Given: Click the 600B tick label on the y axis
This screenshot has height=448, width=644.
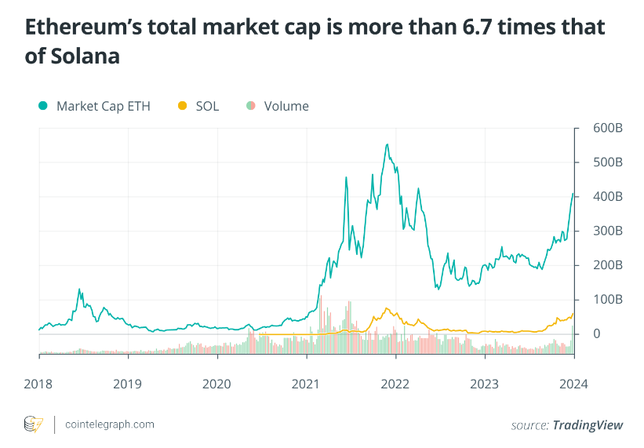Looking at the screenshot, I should (x=606, y=128).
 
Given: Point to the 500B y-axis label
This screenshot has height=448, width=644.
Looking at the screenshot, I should (x=606, y=162).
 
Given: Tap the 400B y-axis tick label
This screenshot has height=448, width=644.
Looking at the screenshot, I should (x=606, y=197).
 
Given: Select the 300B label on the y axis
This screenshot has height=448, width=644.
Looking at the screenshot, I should (x=606, y=231).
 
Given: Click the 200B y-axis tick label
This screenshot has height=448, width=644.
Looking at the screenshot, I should (x=606, y=265).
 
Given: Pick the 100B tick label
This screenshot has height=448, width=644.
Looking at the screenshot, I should (x=606, y=300).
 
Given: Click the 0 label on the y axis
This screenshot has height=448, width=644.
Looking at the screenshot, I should (x=597, y=334).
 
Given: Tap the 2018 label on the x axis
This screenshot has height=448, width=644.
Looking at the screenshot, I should (x=39, y=384).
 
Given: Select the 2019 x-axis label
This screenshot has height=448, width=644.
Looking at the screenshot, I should (x=128, y=384).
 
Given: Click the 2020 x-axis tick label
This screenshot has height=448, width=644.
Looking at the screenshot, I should (x=217, y=384).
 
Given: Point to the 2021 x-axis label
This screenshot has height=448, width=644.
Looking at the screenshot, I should (x=306, y=384).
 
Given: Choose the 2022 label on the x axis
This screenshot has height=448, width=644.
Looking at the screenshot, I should (x=395, y=384).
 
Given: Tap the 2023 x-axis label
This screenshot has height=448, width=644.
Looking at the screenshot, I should (x=485, y=384).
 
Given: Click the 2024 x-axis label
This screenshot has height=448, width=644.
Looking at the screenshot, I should (x=573, y=384).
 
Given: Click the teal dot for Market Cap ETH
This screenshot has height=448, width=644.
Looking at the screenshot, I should (x=42, y=106).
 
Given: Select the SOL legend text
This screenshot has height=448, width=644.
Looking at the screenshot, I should (x=207, y=106).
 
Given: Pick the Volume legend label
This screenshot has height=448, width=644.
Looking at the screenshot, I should (x=286, y=106).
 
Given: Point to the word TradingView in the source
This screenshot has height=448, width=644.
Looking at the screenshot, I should (x=588, y=424).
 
